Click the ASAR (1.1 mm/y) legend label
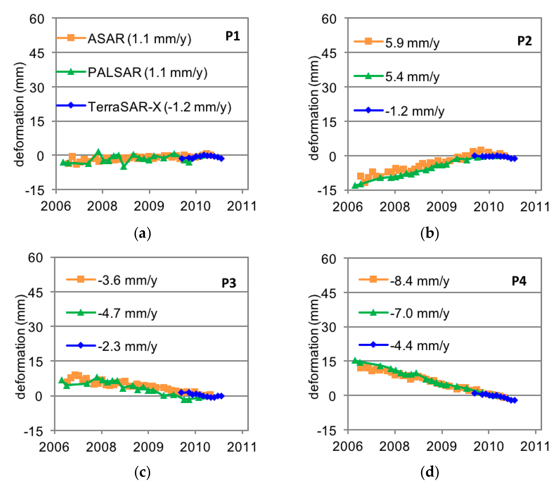point(139,39)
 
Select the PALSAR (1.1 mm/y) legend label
point(147,73)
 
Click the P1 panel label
point(233,36)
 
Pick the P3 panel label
point(229,283)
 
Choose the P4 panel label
point(519,281)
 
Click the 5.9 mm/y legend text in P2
point(412,43)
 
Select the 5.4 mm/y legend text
point(412,77)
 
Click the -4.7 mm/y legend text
point(128,313)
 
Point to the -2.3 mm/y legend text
point(128,346)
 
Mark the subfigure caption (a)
point(142,234)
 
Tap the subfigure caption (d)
point(430,472)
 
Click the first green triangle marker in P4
point(355,361)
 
